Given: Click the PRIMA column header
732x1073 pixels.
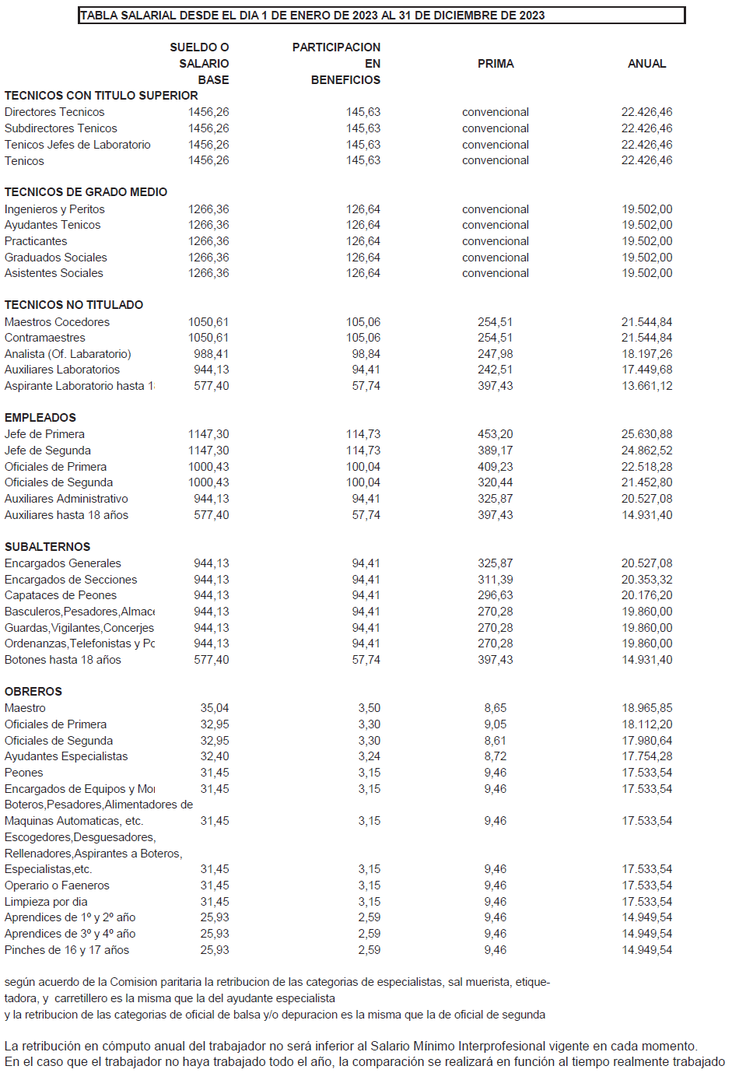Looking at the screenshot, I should coord(496,64).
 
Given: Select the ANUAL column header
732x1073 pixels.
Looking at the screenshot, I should coord(646,64).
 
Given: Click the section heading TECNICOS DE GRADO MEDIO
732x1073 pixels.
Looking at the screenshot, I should coord(86,192).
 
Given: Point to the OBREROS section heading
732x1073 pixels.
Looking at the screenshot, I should coord(33,692).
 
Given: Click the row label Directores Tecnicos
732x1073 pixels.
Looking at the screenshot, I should coord(54,112).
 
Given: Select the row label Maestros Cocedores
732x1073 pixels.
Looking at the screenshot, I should coord(57,322).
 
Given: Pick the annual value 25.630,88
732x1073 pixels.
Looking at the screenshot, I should coord(646,434).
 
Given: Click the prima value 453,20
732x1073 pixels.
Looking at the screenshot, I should coord(496,434).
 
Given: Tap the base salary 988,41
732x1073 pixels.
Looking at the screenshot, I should coord(211,354).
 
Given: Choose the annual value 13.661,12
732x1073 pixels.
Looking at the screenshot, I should coord(646,386).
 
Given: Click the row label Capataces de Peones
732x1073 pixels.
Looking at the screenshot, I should coord(61,595).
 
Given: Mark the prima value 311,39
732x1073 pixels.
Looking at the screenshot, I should coord(496,580).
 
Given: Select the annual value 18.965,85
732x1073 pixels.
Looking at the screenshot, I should coord(646,708).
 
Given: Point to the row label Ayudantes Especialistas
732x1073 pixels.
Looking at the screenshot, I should coord(66,756).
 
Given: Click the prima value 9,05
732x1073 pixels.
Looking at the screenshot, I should coord(496,724).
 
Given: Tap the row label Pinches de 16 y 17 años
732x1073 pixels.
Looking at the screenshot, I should coord(67,950).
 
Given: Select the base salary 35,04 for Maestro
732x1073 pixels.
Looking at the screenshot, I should coord(215,708).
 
